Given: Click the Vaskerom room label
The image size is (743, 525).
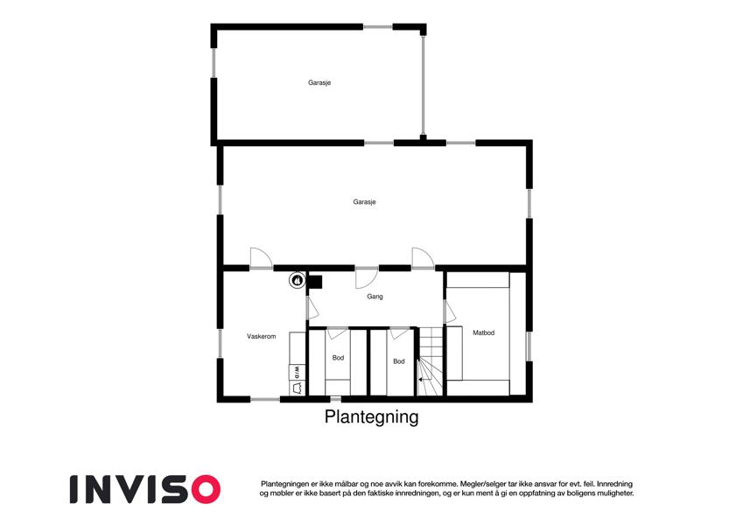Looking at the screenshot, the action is (261, 336).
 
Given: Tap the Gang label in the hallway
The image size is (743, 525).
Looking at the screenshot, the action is (375, 297).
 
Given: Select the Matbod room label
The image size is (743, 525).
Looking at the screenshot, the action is (483, 332).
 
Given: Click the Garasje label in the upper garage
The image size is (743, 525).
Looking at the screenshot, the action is (319, 82).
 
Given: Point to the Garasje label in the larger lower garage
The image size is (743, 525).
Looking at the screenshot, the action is (364, 202).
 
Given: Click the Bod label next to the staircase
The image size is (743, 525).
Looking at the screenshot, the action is (399, 361).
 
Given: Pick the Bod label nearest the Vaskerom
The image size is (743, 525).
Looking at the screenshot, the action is (338, 358).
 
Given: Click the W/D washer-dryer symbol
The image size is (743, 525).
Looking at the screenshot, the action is (297, 373).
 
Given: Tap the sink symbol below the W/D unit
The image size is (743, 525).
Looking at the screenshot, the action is (297, 388).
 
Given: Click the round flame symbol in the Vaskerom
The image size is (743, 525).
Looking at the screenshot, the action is (297, 280).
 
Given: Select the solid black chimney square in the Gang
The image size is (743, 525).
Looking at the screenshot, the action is (315, 282).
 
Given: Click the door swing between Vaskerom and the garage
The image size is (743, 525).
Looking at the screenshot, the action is (262, 258).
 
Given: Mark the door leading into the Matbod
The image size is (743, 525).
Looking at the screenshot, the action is (449, 311).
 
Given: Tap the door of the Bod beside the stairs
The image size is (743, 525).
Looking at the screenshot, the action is (398, 333).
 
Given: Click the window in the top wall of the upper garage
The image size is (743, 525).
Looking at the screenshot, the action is (378, 27).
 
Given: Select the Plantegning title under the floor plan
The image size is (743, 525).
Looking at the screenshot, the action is (371, 417).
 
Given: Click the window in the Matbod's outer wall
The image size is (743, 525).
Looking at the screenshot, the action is (529, 346).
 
